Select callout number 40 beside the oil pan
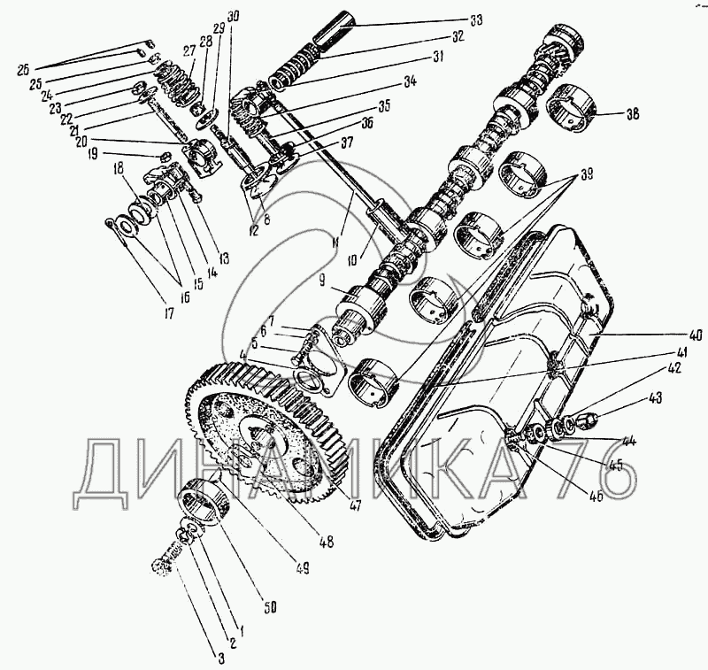point(696,335)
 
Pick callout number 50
point(269,607)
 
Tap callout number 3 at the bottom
point(221,657)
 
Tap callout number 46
point(596,496)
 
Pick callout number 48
point(327,542)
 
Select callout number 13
point(223,258)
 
